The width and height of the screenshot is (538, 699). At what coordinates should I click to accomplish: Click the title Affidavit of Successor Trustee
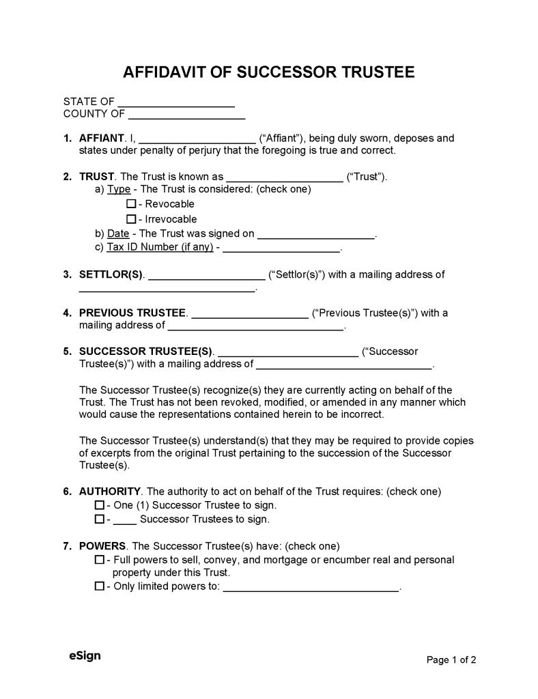[x=268, y=72]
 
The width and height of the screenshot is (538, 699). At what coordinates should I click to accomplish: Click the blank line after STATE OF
[x=176, y=102]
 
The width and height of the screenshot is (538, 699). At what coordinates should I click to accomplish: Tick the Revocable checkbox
[x=131, y=204]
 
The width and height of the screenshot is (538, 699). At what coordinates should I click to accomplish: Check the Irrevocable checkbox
[x=131, y=219]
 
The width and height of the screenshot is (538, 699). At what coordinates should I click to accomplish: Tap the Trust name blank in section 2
[x=284, y=177]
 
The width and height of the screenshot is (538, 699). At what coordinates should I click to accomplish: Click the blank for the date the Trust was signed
[x=316, y=234]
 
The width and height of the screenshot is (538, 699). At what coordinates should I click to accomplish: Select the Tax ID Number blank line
[x=281, y=248]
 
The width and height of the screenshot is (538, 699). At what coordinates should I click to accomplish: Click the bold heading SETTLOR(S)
[x=111, y=274]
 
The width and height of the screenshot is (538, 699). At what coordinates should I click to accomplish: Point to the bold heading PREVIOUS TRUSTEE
[x=132, y=313]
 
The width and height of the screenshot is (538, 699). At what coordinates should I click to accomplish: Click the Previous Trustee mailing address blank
[x=255, y=326]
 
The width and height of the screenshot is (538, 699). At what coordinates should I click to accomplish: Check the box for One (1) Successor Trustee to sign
[x=99, y=506]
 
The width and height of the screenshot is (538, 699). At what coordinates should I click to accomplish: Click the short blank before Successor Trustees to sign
[x=124, y=520]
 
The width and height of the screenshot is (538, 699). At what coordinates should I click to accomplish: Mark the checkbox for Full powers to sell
[x=99, y=560]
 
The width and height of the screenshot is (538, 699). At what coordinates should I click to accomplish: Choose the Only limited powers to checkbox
[x=99, y=586]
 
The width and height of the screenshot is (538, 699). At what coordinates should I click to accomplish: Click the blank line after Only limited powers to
[x=311, y=587]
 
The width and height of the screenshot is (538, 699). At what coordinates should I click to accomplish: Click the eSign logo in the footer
[x=85, y=655]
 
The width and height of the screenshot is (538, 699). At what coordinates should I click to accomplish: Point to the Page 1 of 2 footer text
[x=451, y=659]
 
